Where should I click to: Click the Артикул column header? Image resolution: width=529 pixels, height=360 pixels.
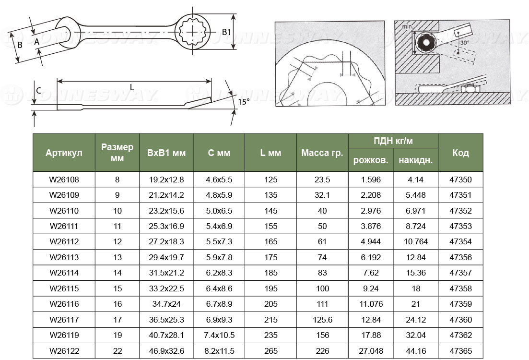64,153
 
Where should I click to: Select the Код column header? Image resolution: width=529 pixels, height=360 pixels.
460,153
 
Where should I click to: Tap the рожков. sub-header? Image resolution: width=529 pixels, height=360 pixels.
370,160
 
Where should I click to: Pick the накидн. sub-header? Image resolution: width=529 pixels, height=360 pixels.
416,160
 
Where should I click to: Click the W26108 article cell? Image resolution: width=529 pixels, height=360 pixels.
64,180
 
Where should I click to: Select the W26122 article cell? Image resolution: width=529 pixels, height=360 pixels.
64,351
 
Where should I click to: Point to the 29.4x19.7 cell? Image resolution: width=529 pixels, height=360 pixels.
166,257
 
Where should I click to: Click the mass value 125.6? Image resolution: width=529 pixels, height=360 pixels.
322,320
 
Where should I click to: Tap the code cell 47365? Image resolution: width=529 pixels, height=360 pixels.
460,351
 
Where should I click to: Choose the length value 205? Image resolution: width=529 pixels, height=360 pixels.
270,304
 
